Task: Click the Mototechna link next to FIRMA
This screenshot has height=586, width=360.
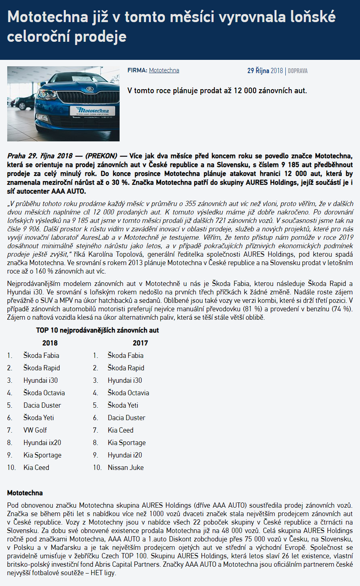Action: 164,70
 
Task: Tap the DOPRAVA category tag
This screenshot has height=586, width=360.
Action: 298,71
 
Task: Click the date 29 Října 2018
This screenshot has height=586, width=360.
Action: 265,71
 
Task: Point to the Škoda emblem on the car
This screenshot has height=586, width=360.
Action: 89,88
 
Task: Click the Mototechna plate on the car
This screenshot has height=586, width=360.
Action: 92,111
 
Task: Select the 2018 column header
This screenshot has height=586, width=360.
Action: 50,343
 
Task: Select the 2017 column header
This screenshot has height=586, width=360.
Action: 140,343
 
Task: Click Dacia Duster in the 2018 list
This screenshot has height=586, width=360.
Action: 42,405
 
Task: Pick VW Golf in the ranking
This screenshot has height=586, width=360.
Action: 35,430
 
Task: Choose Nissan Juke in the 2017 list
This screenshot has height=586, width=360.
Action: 126,468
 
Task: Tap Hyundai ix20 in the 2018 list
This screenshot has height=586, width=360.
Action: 42,443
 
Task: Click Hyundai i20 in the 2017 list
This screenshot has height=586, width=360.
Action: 125,455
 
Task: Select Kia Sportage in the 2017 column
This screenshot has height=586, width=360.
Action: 126,443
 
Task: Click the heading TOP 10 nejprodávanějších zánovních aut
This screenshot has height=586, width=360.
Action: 98,330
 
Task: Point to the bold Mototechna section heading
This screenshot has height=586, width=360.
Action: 25,493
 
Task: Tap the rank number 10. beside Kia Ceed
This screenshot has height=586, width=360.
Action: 11,468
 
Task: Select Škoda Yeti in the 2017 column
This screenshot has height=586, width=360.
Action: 123,405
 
